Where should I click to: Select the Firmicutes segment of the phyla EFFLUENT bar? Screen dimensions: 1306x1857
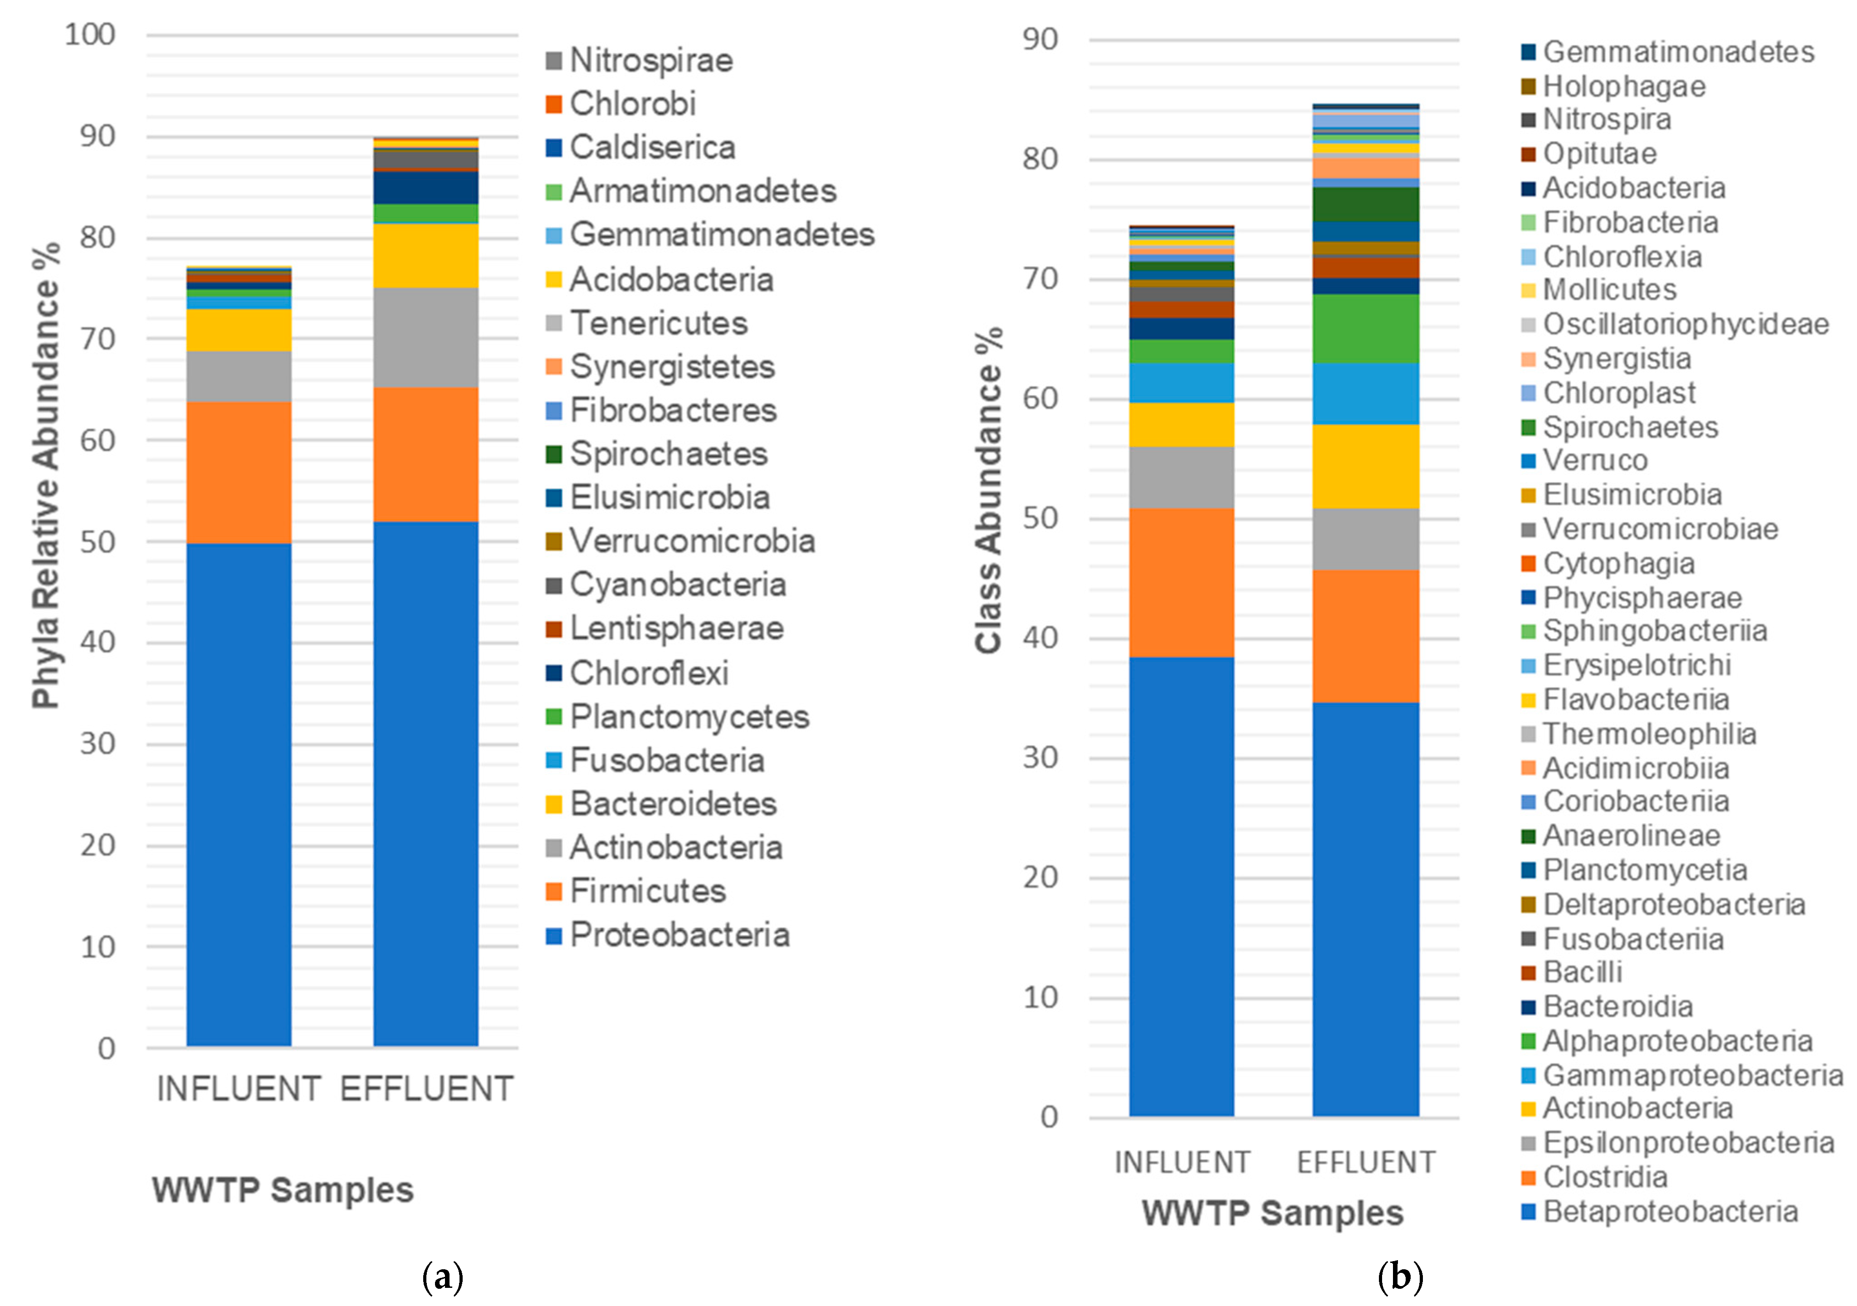(x=425, y=454)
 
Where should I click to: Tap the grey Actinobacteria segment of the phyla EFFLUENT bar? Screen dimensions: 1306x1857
(x=425, y=337)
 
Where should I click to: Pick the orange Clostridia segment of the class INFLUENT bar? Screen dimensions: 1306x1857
(x=1182, y=582)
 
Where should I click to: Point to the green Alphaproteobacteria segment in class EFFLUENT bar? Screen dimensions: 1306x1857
(x=1365, y=328)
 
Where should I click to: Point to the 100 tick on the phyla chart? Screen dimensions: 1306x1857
(x=91, y=35)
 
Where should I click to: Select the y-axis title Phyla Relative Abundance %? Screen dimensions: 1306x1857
(x=46, y=476)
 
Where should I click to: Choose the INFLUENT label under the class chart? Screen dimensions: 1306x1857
(x=1182, y=1162)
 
